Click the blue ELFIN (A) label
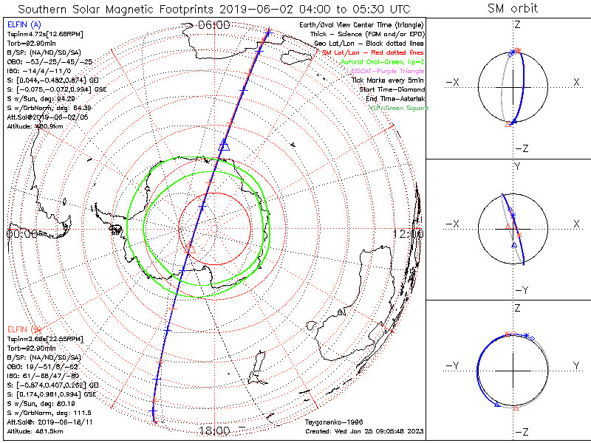pos(22,24)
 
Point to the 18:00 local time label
pos(213,430)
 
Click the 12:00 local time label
pos(407,233)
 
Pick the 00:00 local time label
pos(22,233)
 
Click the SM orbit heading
pos(513,9)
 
